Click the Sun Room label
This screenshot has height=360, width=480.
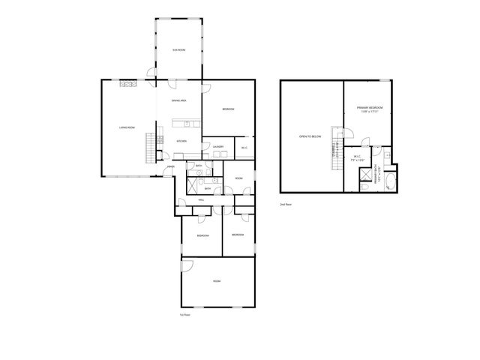179,49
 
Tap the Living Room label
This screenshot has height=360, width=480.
127,127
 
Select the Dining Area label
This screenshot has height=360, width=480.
179,100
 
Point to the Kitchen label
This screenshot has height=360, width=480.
181,141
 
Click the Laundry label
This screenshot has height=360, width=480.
218,146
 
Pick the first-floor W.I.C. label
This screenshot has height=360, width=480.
244,147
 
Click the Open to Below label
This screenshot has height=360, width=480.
310,136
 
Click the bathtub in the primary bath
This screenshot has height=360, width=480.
388,180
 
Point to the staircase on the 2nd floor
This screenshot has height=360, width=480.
336,154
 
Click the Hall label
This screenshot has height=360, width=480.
202,200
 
